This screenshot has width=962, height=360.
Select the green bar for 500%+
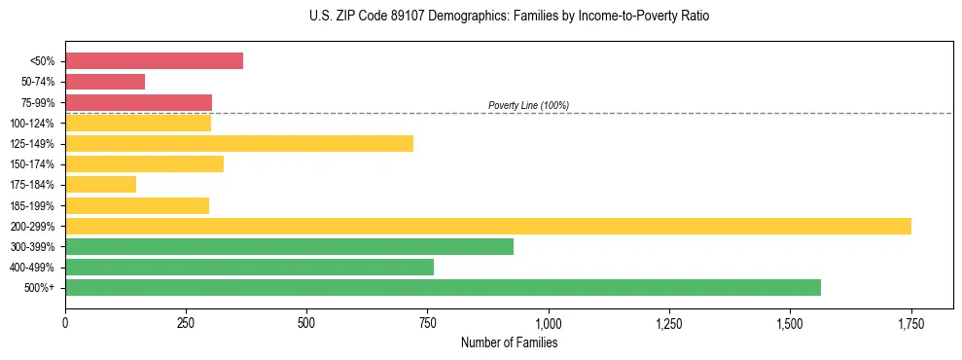coord(443,288)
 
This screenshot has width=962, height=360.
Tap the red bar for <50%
coord(154,60)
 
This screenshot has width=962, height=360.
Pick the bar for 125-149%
coord(239,143)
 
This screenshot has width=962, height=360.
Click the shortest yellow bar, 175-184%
coord(100,185)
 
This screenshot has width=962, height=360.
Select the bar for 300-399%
coord(289,246)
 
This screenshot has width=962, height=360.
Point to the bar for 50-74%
coord(105,82)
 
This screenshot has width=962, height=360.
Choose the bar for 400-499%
coord(249,268)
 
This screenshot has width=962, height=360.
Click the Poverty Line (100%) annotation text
coord(528,105)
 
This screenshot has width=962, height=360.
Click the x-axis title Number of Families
coord(509,342)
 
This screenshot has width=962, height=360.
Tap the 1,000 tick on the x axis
coord(549,322)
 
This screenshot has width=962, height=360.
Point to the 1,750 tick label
coord(910,322)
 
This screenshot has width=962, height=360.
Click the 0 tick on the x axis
coord(65,322)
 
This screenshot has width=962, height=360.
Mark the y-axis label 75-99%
coord(38,102)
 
